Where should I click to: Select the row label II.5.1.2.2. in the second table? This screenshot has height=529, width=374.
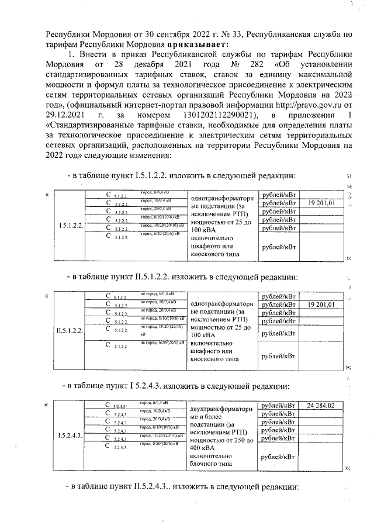point(70,331)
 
